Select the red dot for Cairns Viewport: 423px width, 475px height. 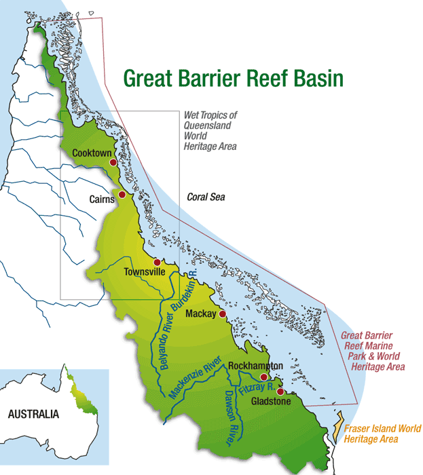click(x=122, y=195)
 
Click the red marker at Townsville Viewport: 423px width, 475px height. click(x=156, y=262)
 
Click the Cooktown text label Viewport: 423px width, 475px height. click(x=91, y=153)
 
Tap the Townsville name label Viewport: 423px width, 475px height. click(x=145, y=272)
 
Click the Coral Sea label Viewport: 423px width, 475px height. click(x=206, y=197)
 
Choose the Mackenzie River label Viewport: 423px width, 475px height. click(x=196, y=380)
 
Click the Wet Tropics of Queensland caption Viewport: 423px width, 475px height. click(x=210, y=130)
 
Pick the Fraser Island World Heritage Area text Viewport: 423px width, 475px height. click(x=382, y=434)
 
